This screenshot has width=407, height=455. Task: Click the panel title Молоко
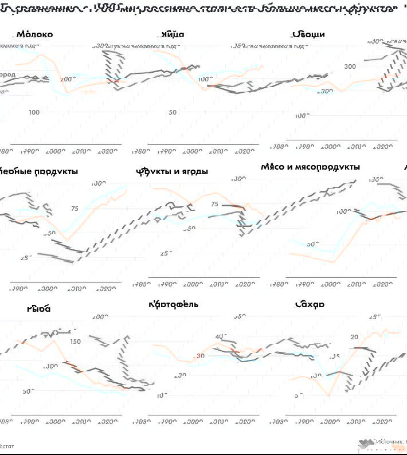click(35, 34)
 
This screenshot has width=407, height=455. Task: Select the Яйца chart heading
click(173, 34)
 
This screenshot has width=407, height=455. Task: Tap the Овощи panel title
click(308, 34)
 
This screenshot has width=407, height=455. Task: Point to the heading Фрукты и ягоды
click(172, 171)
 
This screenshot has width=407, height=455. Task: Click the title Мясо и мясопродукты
click(310, 167)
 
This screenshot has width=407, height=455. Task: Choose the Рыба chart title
click(38, 308)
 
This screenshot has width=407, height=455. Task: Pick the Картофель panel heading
click(173, 304)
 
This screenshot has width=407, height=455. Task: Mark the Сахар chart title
click(310, 304)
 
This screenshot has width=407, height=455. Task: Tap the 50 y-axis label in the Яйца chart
click(173, 112)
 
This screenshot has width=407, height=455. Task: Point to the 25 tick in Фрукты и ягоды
click(166, 253)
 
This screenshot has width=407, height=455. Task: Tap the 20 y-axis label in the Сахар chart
click(354, 337)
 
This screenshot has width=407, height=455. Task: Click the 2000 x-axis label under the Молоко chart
click(55, 151)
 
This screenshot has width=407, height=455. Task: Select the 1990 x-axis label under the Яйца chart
click(166, 151)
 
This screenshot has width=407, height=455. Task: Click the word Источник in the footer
click(391, 442)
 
